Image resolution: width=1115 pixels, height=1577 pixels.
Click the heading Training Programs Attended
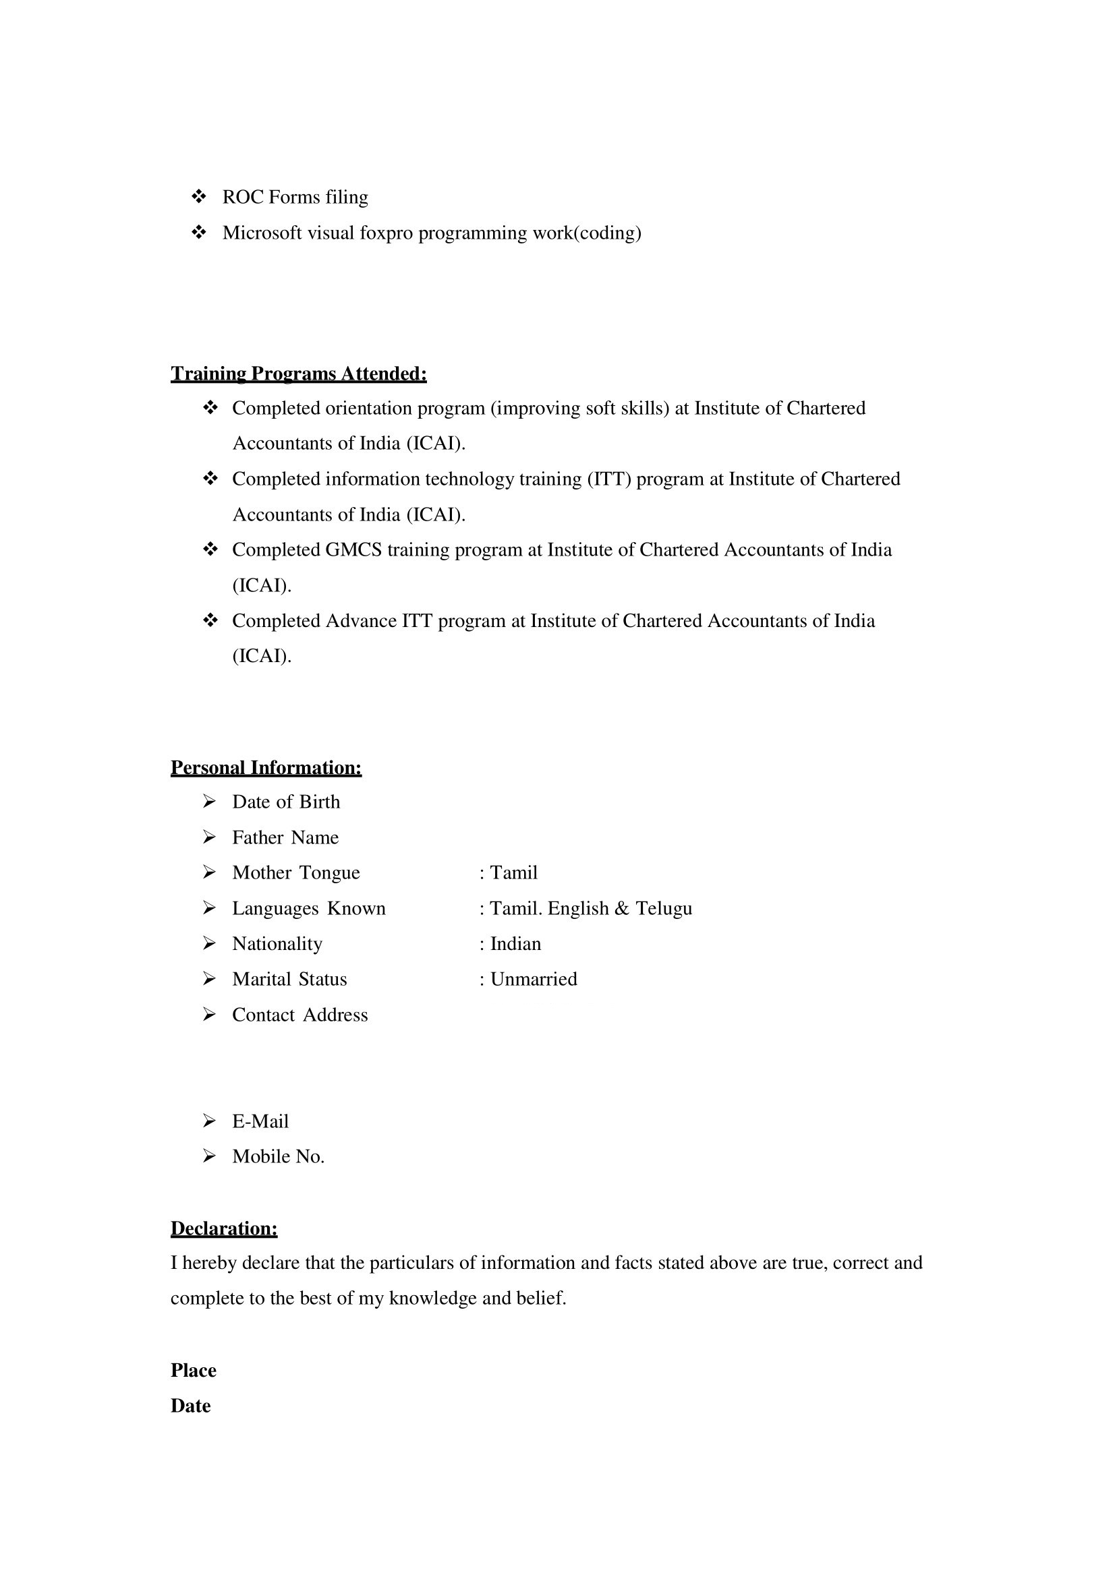[298, 374]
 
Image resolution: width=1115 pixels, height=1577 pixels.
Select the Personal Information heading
[266, 767]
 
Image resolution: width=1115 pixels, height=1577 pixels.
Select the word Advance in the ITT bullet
[361, 621]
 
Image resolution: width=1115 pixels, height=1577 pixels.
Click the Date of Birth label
[286, 802]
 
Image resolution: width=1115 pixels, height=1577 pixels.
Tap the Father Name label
[285, 837]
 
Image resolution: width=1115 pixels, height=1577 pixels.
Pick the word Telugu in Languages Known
[664, 908]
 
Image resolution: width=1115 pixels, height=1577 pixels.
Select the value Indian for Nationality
[515, 944]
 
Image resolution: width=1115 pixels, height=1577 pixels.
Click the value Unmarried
[533, 979]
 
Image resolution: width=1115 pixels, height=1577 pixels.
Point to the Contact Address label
[299, 1015]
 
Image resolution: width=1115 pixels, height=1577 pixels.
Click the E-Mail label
[260, 1121]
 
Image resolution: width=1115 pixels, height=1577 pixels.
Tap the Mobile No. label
[278, 1157]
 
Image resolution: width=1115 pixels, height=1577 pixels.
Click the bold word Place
[193, 1370]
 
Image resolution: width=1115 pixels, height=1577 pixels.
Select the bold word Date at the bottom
[190, 1406]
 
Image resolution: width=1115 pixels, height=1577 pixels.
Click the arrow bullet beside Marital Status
[210, 979]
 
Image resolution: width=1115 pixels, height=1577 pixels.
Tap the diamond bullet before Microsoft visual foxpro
[198, 233]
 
